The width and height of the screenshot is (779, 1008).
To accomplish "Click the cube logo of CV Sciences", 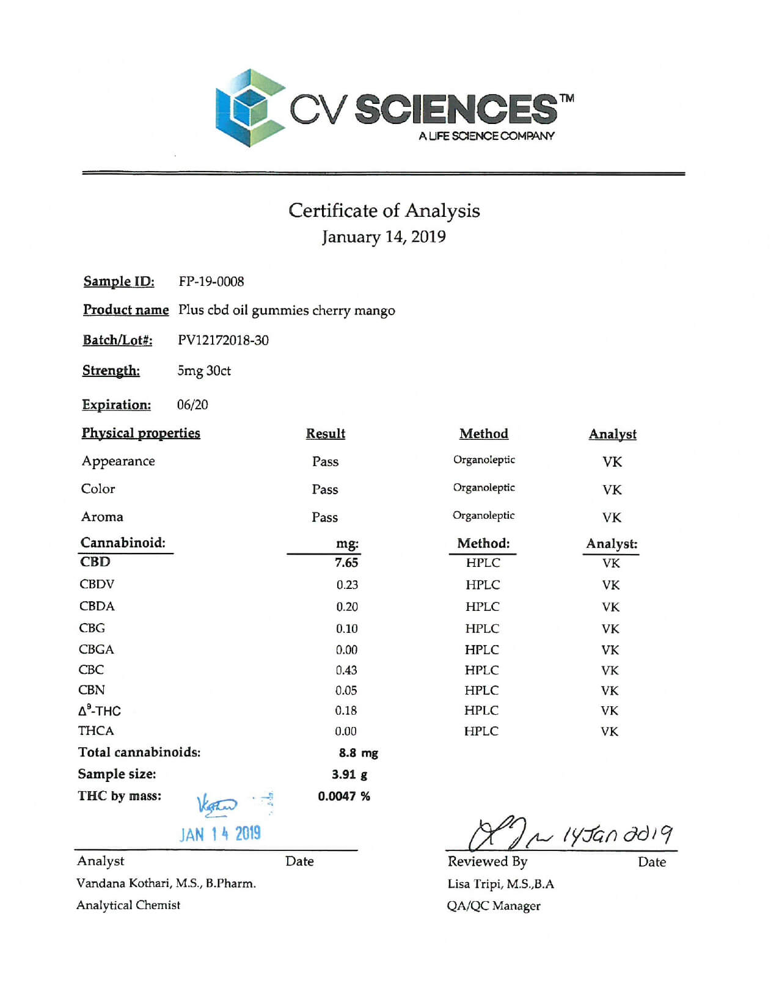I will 250,108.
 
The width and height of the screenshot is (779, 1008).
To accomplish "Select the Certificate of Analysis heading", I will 384,211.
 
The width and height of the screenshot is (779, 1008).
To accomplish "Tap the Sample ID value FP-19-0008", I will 211,282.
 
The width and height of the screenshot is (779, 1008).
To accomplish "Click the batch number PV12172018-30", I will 223,340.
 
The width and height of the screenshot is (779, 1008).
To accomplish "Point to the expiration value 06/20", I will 192,405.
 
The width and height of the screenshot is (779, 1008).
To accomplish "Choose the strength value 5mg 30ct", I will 204,371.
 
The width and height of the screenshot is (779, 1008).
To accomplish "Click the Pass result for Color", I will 324,489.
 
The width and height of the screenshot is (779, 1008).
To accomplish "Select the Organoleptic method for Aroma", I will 483,516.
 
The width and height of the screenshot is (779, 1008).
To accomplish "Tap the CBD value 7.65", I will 346,563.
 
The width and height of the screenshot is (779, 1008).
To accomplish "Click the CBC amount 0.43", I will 346,670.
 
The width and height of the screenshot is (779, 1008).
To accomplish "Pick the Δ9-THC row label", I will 100,710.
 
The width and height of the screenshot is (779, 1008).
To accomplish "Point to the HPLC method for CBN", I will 481,690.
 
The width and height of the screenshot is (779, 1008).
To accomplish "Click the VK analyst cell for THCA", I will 609,731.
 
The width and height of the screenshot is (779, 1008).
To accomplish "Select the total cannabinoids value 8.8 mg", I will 358,753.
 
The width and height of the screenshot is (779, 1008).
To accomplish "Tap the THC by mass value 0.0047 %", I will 344,796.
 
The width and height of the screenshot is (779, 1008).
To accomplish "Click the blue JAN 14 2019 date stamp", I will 220,834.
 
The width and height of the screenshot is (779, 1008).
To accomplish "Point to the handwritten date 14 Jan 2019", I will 617,835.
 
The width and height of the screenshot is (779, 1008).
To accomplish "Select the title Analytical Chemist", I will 128,905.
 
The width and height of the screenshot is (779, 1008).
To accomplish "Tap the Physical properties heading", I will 141,433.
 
